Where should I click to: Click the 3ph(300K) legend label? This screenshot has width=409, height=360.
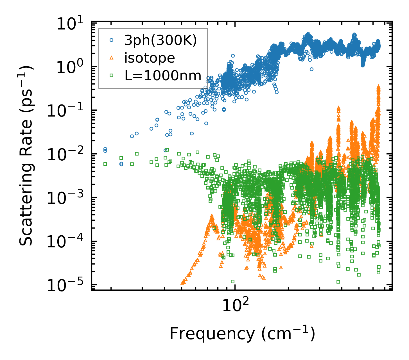161,41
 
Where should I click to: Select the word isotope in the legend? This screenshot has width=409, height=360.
150,58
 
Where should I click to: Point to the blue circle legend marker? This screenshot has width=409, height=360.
111,40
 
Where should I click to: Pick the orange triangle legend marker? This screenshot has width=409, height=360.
111,58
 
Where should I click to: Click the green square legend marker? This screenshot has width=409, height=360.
111,75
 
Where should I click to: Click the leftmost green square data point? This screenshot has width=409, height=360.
105,164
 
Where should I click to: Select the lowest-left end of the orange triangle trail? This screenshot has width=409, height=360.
182,283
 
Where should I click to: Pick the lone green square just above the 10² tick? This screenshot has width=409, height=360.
232,281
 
